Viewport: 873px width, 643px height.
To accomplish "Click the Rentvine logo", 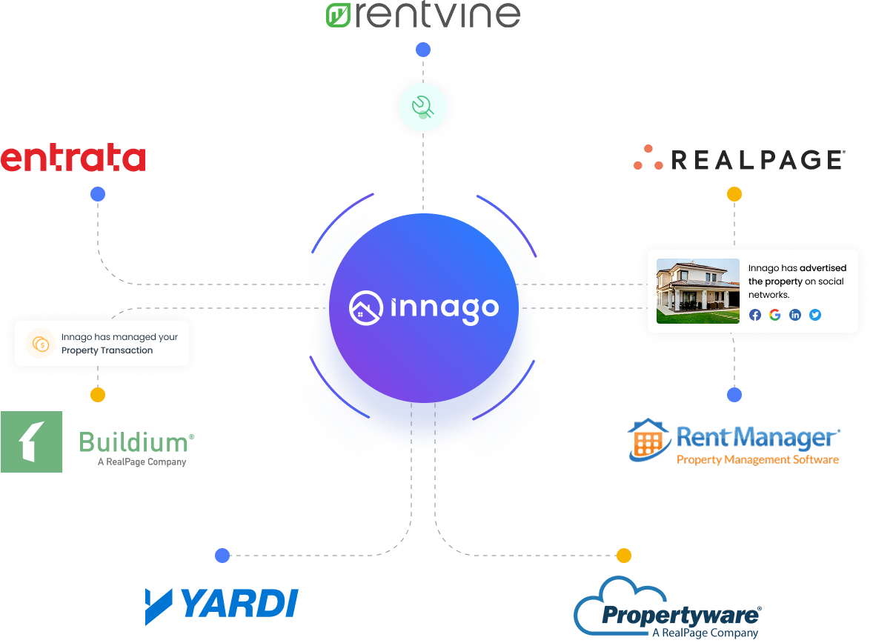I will [423, 15].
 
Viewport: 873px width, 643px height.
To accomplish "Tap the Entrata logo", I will [73, 159].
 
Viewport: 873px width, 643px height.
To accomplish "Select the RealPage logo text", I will [757, 159].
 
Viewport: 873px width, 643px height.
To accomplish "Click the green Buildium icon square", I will [32, 442].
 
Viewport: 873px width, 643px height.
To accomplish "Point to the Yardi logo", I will [221, 604].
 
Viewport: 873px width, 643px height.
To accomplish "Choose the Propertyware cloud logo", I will [667, 609].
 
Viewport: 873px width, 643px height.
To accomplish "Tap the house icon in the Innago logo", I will [366, 308].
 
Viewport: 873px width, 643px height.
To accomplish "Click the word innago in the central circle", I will [445, 308].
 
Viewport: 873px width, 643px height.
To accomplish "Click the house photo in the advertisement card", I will [698, 291].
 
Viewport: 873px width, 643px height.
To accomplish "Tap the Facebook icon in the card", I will [755, 315].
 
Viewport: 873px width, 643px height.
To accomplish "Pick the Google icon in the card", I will [775, 315].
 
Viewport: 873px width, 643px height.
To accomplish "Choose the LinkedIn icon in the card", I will [795, 315].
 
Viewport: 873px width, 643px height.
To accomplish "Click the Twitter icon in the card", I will [815, 315].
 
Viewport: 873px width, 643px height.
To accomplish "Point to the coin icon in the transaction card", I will [40, 344].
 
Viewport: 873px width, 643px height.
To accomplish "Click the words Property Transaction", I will [107, 350].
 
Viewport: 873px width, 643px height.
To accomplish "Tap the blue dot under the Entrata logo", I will [98, 194].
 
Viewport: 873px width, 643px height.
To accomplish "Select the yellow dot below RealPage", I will [734, 194].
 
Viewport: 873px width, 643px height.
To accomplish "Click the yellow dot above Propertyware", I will [624, 556].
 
